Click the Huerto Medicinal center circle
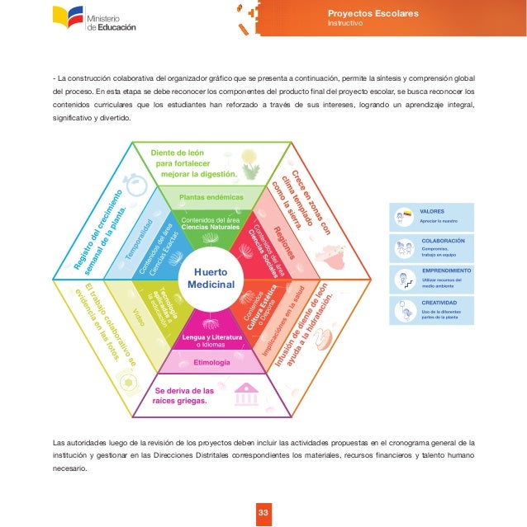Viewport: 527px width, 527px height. pyautogui.click(x=211, y=278)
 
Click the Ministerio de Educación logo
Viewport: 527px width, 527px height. pyautogui.click(x=94, y=18)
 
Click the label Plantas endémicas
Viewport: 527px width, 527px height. pyautogui.click(x=211, y=197)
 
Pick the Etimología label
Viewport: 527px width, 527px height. pyautogui.click(x=211, y=362)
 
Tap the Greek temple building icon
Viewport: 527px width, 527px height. pyautogui.click(x=245, y=394)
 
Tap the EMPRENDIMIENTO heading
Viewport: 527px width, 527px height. pyautogui.click(x=446, y=271)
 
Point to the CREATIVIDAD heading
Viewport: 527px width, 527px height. pyautogui.click(x=440, y=302)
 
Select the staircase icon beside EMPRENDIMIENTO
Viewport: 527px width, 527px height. pyautogui.click(x=406, y=281)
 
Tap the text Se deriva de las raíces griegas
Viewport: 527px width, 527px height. pyautogui.click(x=184, y=396)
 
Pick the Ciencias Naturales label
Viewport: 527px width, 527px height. pyautogui.click(x=211, y=228)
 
